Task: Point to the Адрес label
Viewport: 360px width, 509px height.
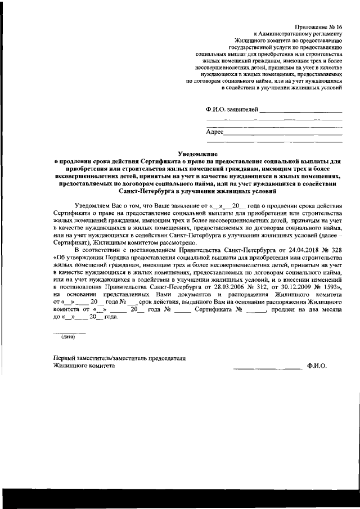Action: [x=215, y=132]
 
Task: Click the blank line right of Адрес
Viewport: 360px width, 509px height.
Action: [x=283, y=134]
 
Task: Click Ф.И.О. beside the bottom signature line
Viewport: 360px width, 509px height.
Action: [x=317, y=366]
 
